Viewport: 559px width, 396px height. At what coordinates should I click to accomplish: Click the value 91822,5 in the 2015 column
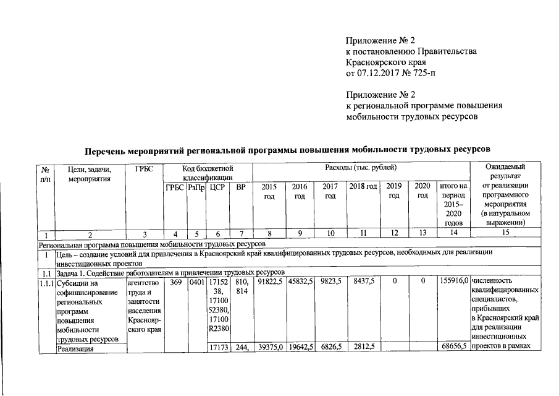tap(270, 281)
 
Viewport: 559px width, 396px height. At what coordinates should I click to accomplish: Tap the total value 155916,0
tap(453, 281)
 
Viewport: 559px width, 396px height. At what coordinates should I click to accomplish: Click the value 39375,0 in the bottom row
tap(270, 348)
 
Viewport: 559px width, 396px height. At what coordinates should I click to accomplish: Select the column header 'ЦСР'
tap(216, 186)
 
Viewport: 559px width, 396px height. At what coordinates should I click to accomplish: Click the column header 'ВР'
tap(241, 186)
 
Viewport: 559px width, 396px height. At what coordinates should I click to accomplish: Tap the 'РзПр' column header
tap(196, 186)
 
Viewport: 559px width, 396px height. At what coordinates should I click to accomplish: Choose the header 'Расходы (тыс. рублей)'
tap(361, 168)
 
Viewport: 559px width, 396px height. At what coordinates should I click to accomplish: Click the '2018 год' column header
tap(363, 186)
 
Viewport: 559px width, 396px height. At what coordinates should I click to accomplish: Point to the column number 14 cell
tap(454, 233)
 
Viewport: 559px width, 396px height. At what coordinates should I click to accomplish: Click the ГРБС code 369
tap(175, 281)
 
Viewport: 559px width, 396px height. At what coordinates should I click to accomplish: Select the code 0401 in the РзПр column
tap(196, 281)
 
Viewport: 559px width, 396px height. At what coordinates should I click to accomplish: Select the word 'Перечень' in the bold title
tap(106, 149)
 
